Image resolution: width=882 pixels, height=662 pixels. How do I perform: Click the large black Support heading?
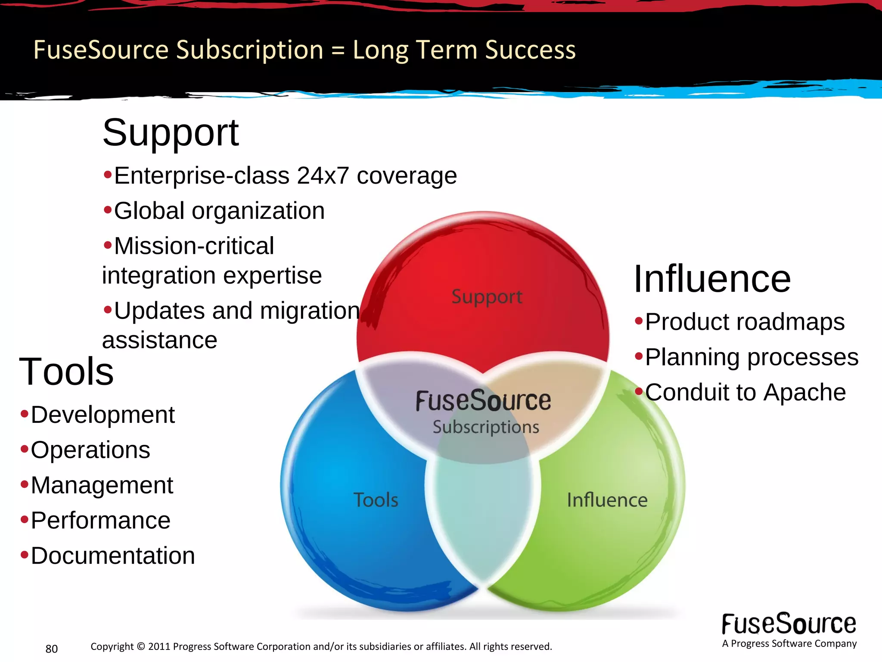point(170,133)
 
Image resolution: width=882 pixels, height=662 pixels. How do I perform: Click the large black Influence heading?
point(712,279)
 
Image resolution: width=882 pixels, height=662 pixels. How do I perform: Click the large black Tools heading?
point(66,372)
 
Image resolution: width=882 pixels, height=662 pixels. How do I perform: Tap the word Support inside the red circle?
point(487,297)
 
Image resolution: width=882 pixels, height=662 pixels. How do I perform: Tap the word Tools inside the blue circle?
point(376,500)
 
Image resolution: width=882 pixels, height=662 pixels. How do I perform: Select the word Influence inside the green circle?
point(607,500)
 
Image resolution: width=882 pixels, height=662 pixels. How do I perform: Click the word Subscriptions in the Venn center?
point(486,427)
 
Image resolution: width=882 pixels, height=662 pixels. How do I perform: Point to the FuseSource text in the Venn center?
point(483,401)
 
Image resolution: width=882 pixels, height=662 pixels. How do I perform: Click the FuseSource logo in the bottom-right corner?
point(789,625)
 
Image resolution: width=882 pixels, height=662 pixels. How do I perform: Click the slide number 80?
point(52,649)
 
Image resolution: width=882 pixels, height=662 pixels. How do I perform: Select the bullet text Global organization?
point(219,211)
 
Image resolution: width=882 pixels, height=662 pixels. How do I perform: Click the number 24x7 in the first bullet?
point(323,176)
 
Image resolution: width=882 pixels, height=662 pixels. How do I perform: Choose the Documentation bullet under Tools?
point(112,556)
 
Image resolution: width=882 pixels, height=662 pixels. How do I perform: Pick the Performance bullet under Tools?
point(100,520)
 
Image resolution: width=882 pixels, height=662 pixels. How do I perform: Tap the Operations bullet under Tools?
point(90,450)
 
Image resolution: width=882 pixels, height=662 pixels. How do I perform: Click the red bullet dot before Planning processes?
point(639,356)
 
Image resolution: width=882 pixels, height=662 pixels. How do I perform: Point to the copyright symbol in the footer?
point(141,646)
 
